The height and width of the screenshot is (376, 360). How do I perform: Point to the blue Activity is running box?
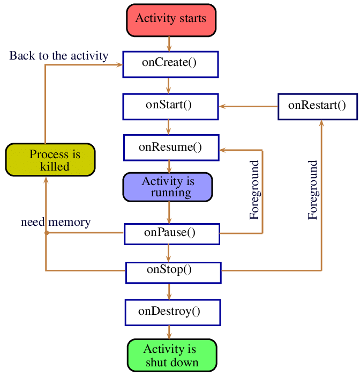168,187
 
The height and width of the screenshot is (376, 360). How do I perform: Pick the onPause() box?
172,233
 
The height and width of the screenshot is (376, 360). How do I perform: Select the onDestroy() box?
172,312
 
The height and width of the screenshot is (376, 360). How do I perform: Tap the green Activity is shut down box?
172,355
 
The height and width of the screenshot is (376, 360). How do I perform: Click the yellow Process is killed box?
50,160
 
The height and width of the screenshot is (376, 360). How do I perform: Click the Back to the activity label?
59,56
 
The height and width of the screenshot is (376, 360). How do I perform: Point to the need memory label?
56,222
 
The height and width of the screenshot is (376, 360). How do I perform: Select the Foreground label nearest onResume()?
254,190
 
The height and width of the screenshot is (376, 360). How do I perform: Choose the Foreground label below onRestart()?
313,190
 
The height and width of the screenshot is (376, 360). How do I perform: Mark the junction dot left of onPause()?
46,233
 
